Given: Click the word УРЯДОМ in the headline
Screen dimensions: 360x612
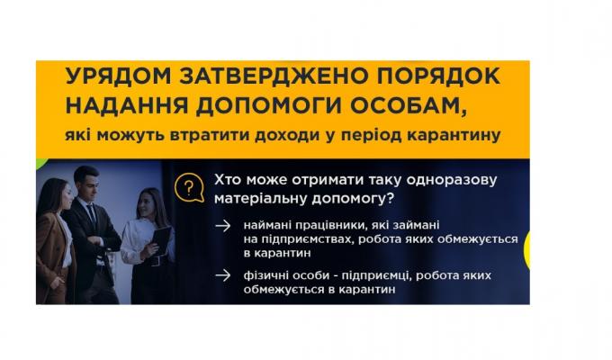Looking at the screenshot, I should click(105, 78).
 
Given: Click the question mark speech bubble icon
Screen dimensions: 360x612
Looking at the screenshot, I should click(188, 188).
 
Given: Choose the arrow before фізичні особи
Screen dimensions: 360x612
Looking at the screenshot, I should click(221, 276).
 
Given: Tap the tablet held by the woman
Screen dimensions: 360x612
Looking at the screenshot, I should click(161, 239).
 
